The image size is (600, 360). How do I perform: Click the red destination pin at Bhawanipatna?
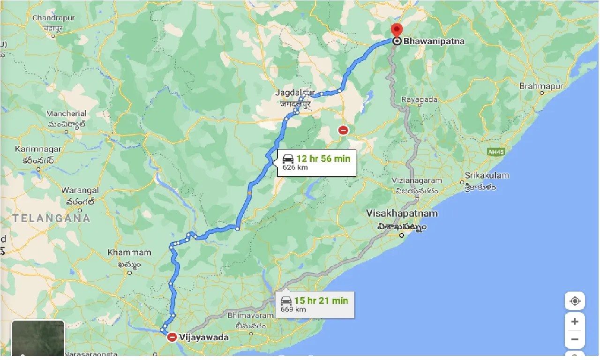396,31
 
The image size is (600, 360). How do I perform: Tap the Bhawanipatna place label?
434,41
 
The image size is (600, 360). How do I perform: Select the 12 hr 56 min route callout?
316,162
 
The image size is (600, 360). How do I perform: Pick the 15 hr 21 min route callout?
315,304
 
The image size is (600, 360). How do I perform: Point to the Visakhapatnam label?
402,214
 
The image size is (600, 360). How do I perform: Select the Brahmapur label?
541,86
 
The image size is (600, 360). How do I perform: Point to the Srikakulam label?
487,175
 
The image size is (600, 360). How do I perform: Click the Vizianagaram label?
417,180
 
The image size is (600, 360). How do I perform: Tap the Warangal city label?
80,190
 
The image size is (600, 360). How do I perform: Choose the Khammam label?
129,253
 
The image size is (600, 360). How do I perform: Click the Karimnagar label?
38,149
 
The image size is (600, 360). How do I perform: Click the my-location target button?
575,301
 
